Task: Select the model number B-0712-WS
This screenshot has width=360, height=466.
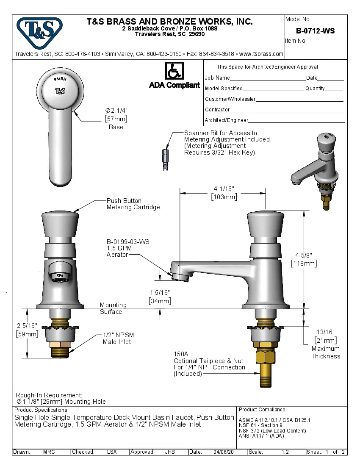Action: pos(315,31)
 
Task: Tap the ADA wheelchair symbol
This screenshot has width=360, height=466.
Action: pos(174,71)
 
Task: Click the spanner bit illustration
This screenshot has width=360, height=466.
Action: pos(166,159)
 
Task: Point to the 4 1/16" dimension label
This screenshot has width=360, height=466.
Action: pos(224,189)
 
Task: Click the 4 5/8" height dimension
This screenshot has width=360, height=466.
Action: pos(304,255)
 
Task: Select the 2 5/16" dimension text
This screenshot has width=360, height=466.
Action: pos(27,325)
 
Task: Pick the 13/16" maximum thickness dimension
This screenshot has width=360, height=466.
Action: pos(325,332)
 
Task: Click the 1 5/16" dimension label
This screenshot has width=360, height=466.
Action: pos(160,293)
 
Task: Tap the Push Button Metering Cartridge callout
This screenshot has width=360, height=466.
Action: pos(133,204)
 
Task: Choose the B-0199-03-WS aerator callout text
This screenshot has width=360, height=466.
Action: pos(127,242)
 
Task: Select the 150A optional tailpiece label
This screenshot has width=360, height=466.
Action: pos(181,354)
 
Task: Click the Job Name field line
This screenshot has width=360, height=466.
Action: pos(268,78)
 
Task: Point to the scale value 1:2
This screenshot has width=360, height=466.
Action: pos(285,452)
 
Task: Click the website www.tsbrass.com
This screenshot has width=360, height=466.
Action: pos(261,54)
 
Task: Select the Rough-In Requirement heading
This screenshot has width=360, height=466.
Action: pos(49,395)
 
